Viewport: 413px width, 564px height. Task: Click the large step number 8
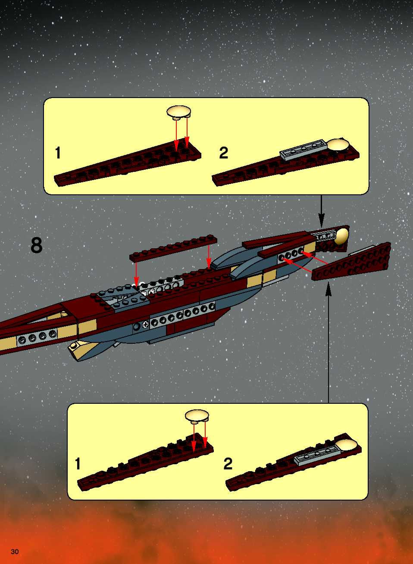coord(36,245)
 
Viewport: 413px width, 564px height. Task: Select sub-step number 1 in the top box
coord(58,153)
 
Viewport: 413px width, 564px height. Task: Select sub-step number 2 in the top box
coord(224,153)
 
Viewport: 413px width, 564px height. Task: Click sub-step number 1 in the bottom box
coord(78,464)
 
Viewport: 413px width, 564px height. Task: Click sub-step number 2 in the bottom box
coord(228,464)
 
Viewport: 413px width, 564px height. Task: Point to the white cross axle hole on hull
coord(145,325)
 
